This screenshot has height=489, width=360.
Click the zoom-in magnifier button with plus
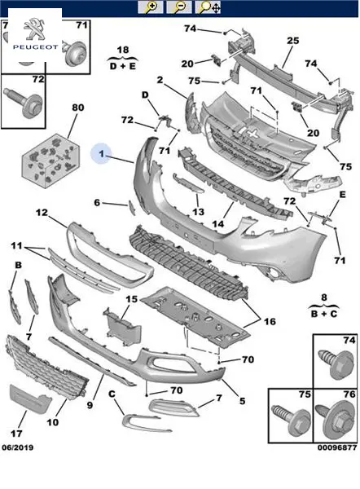pyautogui.click(x=150, y=7)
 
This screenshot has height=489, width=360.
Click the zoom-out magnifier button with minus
pyautogui.click(x=179, y=7)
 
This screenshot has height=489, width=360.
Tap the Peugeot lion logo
pyautogui.click(x=34, y=29)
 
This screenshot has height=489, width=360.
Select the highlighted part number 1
pyautogui.click(x=101, y=153)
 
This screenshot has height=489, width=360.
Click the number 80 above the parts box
pyautogui.click(x=78, y=108)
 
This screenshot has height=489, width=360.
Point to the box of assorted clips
pyautogui.click(x=50, y=161)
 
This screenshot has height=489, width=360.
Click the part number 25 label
pyautogui.click(x=292, y=41)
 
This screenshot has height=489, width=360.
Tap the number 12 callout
pyautogui.click(x=42, y=213)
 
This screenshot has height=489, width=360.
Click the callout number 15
pyautogui.click(x=131, y=299)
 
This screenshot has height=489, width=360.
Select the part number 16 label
pyautogui.click(x=270, y=321)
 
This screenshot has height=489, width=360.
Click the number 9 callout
pyautogui.click(x=90, y=405)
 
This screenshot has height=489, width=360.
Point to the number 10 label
pyautogui.click(x=52, y=422)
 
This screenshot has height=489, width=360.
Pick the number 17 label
pyautogui.click(x=16, y=434)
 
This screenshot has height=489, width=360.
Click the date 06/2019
pyautogui.click(x=18, y=447)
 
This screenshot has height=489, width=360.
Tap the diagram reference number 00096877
pyautogui.click(x=337, y=447)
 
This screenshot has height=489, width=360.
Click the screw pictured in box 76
pyautogui.click(x=335, y=419)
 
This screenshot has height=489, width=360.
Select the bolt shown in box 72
pyautogui.click(x=24, y=101)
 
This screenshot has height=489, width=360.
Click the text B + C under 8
pyautogui.click(x=324, y=314)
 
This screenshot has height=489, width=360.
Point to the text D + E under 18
pyautogui.click(x=123, y=66)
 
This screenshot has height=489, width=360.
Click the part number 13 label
pyautogui.click(x=198, y=212)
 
